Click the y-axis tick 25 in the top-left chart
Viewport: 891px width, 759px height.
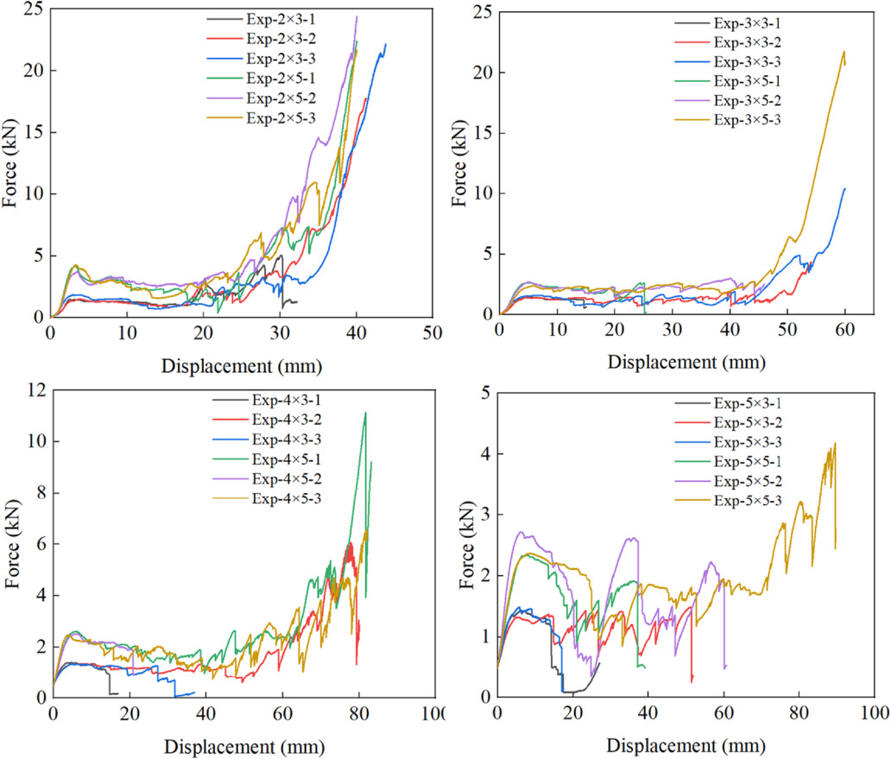[x=34, y=9]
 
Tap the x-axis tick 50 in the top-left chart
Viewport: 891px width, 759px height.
[x=433, y=333]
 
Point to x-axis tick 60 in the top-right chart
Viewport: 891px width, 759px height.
[x=845, y=330]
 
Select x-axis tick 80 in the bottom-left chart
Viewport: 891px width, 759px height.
[x=359, y=713]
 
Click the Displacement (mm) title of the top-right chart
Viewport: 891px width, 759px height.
[x=686, y=363]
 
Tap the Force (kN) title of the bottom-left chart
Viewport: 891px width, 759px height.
[x=12, y=544]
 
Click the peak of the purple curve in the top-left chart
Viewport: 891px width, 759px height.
[x=357, y=16]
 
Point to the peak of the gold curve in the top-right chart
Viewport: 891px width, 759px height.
[x=844, y=52]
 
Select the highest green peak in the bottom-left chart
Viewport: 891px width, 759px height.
[x=365, y=413]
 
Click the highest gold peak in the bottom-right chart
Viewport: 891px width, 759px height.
[x=836, y=443]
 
